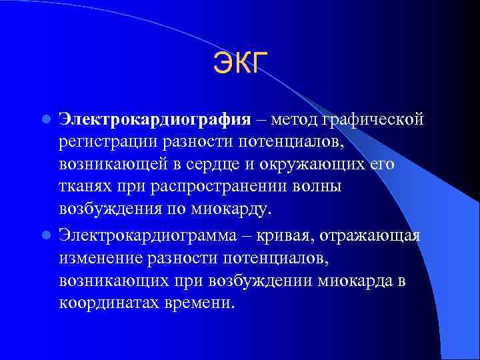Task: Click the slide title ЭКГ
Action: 240,64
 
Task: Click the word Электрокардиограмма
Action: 149,234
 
